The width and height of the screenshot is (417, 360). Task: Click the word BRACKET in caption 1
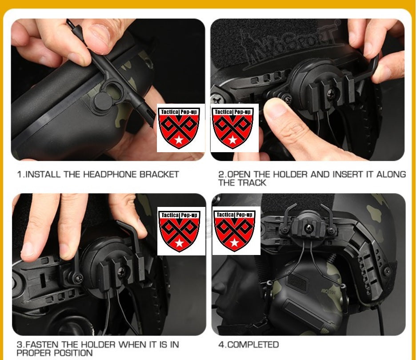159,174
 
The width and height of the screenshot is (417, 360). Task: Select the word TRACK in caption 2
252,183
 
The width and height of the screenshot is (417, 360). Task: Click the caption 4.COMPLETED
249,344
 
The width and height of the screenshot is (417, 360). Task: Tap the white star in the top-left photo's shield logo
179,140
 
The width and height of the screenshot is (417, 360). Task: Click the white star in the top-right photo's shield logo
233,140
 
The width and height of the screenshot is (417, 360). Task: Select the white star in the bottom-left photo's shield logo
180,243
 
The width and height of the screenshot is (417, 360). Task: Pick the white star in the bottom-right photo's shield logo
234,243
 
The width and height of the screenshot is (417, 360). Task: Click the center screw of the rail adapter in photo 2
331,93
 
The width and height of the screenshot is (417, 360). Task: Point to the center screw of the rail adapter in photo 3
121,271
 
